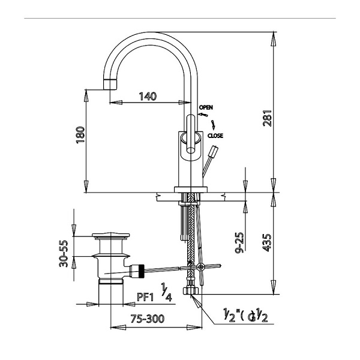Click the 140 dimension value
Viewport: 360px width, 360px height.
(x=149, y=96)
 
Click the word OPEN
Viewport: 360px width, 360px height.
(x=206, y=107)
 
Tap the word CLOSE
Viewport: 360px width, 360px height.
(x=215, y=136)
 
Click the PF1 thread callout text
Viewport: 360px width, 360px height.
(x=146, y=297)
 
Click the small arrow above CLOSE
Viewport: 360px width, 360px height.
(x=212, y=125)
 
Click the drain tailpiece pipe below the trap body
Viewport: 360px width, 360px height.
(x=111, y=293)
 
